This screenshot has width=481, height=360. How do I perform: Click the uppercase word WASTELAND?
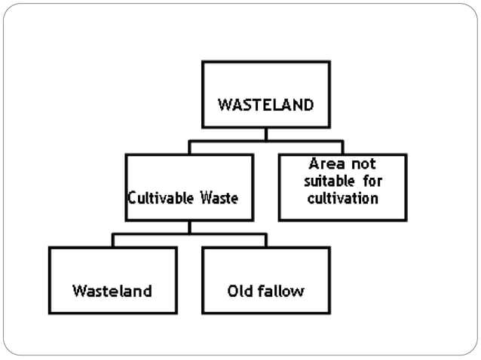pos(265,105)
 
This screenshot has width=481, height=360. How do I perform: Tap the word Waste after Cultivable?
pos(219,199)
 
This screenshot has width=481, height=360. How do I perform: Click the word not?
pos(363,163)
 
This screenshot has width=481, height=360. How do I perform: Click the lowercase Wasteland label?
pos(112,291)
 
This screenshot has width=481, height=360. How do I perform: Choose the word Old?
pos(240,291)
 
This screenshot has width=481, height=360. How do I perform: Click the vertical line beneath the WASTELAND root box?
pos(265,134)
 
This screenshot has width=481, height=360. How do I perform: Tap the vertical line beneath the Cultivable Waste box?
pos(189,227)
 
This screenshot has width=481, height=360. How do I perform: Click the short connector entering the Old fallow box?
pos(265,240)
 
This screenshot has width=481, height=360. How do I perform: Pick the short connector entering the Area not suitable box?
pos(342,148)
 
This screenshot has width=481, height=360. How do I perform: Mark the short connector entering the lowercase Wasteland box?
pos(113,240)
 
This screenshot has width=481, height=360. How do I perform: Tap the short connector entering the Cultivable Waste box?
pos(189,148)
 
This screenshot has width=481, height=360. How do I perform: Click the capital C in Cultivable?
pos(131,199)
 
